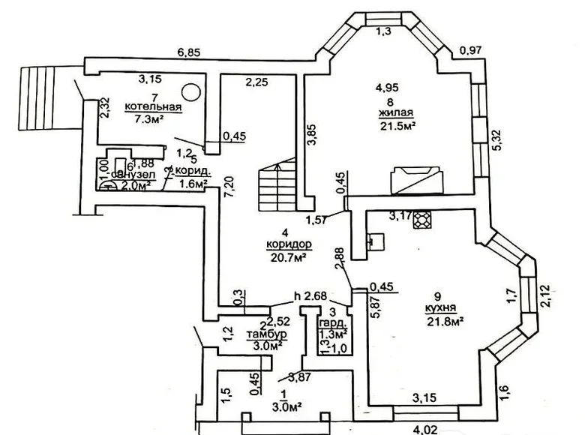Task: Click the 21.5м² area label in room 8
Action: point(398,126)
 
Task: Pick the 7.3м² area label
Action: point(148,120)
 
